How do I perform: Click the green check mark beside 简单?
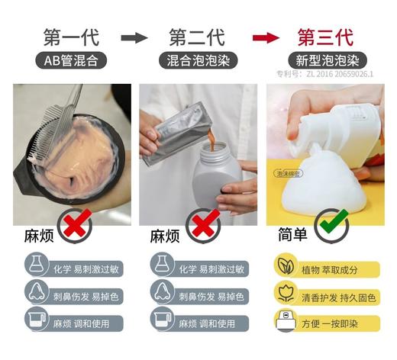(333, 225)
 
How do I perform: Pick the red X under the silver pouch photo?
(204, 225)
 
